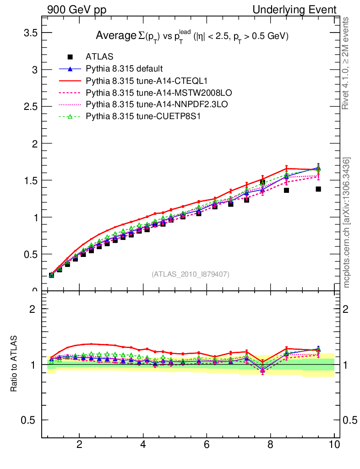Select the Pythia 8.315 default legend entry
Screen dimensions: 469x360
coord(124,69)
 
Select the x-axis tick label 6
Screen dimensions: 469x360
coord(207,444)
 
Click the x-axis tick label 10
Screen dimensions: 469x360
coord(334,444)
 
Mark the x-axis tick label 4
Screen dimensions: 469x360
coord(143,444)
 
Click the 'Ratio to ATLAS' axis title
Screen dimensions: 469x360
coord(14,364)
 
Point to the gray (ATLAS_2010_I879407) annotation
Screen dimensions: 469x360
coord(191,274)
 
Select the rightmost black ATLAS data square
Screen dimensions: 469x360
coord(318,189)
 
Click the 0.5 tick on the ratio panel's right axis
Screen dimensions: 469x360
coord(350,420)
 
